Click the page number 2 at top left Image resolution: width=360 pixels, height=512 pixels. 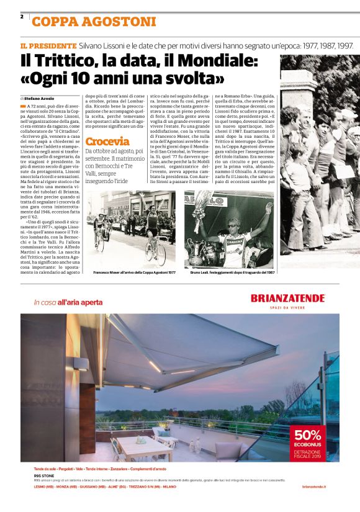pos(22,17)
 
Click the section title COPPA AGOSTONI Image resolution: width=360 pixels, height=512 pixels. pos(94,22)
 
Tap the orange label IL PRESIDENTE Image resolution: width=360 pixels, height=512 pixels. pos(48,47)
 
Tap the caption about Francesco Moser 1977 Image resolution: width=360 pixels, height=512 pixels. pos(135,272)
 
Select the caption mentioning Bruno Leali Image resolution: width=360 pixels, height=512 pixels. pos(231,272)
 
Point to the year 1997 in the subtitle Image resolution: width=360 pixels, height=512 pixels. pos(343,47)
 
